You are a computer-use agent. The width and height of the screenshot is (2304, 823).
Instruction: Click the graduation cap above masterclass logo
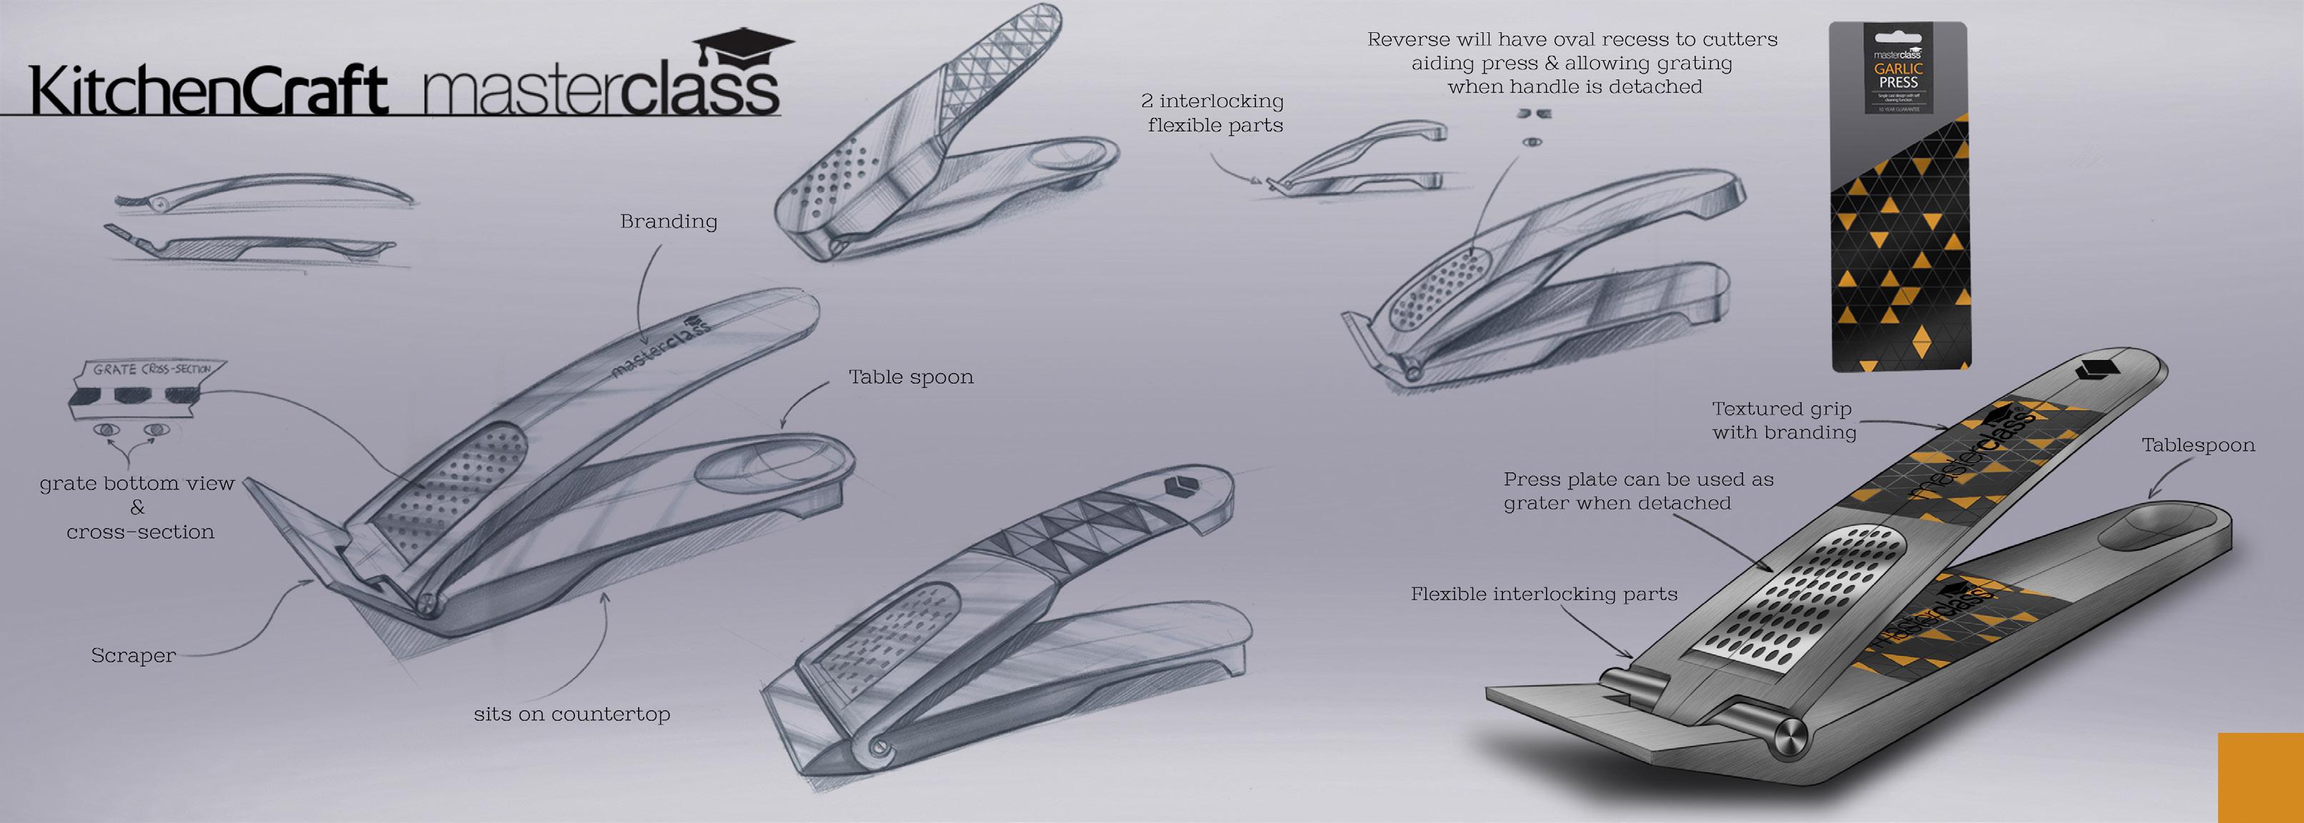[x=743, y=45]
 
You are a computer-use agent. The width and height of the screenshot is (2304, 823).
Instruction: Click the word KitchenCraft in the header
[x=207, y=91]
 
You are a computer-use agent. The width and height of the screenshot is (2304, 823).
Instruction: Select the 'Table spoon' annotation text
[x=910, y=377]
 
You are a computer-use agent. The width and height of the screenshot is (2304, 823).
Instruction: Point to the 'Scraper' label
[x=134, y=656]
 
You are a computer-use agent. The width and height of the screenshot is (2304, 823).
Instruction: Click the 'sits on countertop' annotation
[x=572, y=714]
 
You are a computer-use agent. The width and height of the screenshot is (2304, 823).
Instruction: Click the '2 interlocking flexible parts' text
[x=1213, y=114]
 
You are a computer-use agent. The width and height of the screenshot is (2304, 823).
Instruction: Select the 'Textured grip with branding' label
[x=1782, y=421]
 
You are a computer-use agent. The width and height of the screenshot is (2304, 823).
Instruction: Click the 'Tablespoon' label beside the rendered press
[x=2198, y=446]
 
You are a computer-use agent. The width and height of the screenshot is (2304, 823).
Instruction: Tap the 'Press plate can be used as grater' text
[x=1637, y=491]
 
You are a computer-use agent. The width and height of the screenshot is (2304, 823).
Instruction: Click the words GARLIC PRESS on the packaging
[x=1898, y=75]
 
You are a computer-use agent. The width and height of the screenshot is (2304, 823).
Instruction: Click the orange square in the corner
[x=2260, y=777]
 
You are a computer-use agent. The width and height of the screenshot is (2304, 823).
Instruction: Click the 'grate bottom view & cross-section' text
[x=137, y=508]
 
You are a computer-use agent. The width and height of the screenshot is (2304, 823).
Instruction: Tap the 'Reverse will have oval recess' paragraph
[x=1572, y=64]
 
